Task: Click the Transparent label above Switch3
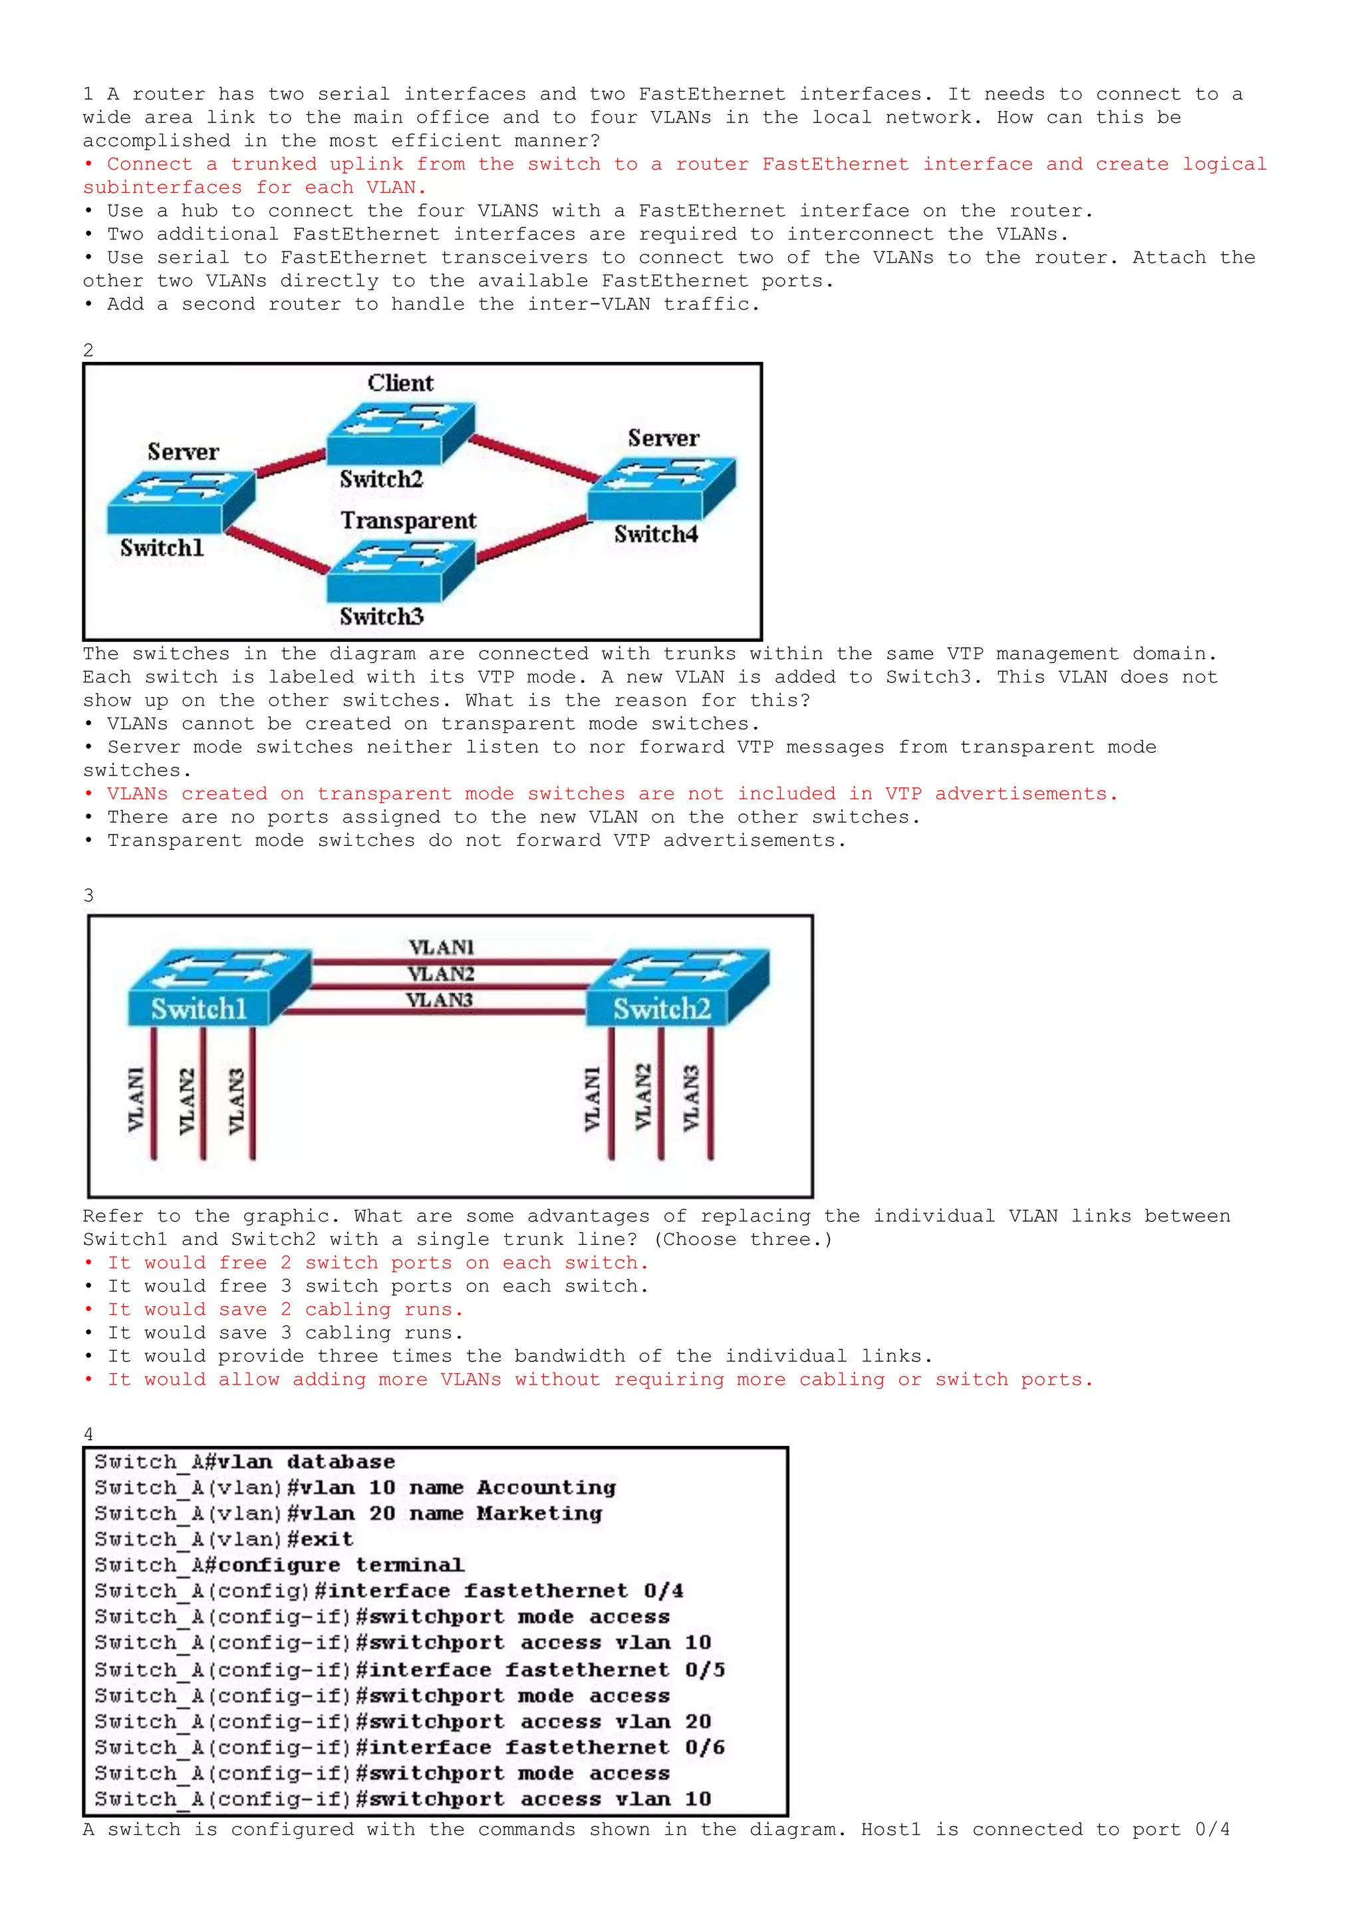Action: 408,521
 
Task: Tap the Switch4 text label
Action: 655,534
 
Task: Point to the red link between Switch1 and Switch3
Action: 277,550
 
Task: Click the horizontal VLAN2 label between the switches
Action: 441,974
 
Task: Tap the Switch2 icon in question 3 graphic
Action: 676,988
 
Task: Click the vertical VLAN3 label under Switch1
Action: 237,1100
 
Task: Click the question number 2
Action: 88,350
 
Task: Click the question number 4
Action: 88,1434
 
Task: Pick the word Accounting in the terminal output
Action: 546,1487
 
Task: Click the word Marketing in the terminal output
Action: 539,1513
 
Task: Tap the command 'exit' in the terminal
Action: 321,1540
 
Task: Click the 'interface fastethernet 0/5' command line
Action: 541,1669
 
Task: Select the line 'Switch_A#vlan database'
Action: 244,1461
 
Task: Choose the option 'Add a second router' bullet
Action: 432,305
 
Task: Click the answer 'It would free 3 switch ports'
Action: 377,1286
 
